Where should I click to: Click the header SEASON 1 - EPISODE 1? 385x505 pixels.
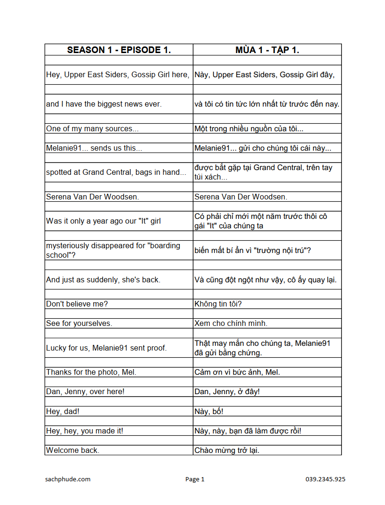pyautogui.click(x=119, y=50)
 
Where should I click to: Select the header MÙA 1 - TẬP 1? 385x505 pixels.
pyautogui.click(x=267, y=50)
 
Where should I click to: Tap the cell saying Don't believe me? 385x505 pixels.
pyautogui.click(x=77, y=304)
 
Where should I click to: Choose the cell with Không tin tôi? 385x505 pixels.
pyautogui.click(x=218, y=304)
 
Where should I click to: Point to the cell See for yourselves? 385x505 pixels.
pyautogui.click(x=79, y=323)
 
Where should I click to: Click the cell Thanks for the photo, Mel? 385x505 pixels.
pyautogui.click(x=91, y=372)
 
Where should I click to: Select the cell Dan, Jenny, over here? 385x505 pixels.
pyautogui.click(x=85, y=391)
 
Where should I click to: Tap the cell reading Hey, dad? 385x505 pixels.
pyautogui.click(x=63, y=411)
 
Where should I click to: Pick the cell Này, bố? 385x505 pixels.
pyautogui.click(x=209, y=411)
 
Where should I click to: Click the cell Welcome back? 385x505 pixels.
pyautogui.click(x=72, y=450)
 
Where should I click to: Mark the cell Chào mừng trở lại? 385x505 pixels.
pyautogui.click(x=227, y=450)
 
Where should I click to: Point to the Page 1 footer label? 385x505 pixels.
pyautogui.click(x=195, y=479)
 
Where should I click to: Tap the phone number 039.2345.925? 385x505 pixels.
pyautogui.click(x=325, y=479)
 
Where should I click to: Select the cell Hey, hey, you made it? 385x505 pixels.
pyautogui.click(x=85, y=431)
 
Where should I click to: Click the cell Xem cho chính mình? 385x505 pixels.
pyautogui.click(x=231, y=323)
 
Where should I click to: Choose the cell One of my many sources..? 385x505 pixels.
pyautogui.click(x=92, y=128)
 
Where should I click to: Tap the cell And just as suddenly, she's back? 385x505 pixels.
pyautogui.click(x=103, y=280)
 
